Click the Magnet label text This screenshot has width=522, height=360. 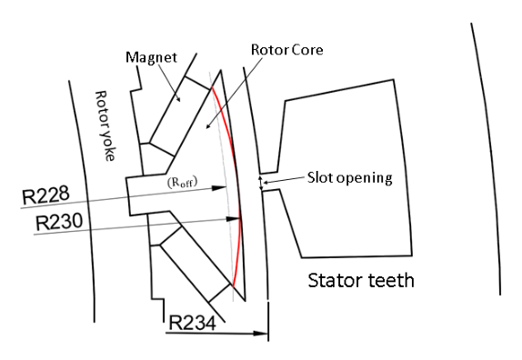click(151, 57)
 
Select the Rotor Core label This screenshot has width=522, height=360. click(287, 50)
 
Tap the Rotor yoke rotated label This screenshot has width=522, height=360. click(105, 125)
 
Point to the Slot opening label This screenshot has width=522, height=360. click(349, 178)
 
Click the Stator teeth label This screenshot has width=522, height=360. click(361, 280)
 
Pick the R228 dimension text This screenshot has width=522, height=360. click(45, 195)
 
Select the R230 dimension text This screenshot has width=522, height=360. click(58, 222)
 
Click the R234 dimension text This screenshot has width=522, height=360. click(192, 323)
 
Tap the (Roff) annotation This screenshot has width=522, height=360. click(182, 183)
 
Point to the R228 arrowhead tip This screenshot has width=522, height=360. click(226, 187)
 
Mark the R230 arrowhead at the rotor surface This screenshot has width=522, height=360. click(240, 218)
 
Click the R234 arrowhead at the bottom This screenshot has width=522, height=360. click(267, 333)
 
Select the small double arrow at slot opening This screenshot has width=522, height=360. click(261, 183)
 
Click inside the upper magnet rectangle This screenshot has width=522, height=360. click(180, 116)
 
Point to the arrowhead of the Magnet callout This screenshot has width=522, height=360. click(180, 101)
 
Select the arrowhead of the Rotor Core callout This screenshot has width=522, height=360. click(206, 127)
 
